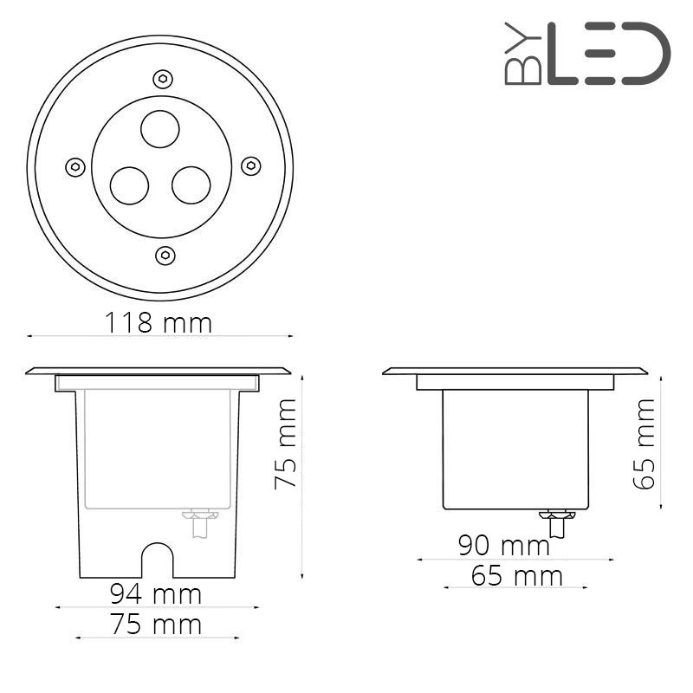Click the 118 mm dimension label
click(159, 323)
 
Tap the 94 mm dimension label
click(155, 594)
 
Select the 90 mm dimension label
click(504, 546)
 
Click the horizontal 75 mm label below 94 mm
click(155, 624)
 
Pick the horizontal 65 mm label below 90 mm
click(517, 575)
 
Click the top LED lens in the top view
click(160, 131)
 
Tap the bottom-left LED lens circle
click(129, 185)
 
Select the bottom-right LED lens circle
click(191, 185)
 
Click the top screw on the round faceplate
click(160, 77)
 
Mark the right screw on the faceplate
click(250, 165)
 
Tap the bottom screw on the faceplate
click(164, 255)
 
